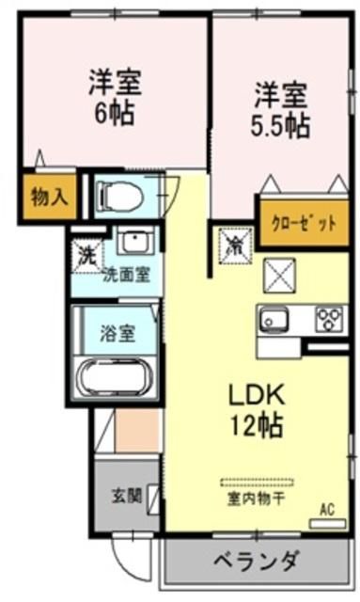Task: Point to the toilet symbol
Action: pyautogui.click(x=120, y=197)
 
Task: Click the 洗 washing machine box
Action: pyautogui.click(x=86, y=253)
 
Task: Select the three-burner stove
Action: pyautogui.click(x=329, y=320)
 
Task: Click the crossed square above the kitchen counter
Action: pyautogui.click(x=280, y=277)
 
